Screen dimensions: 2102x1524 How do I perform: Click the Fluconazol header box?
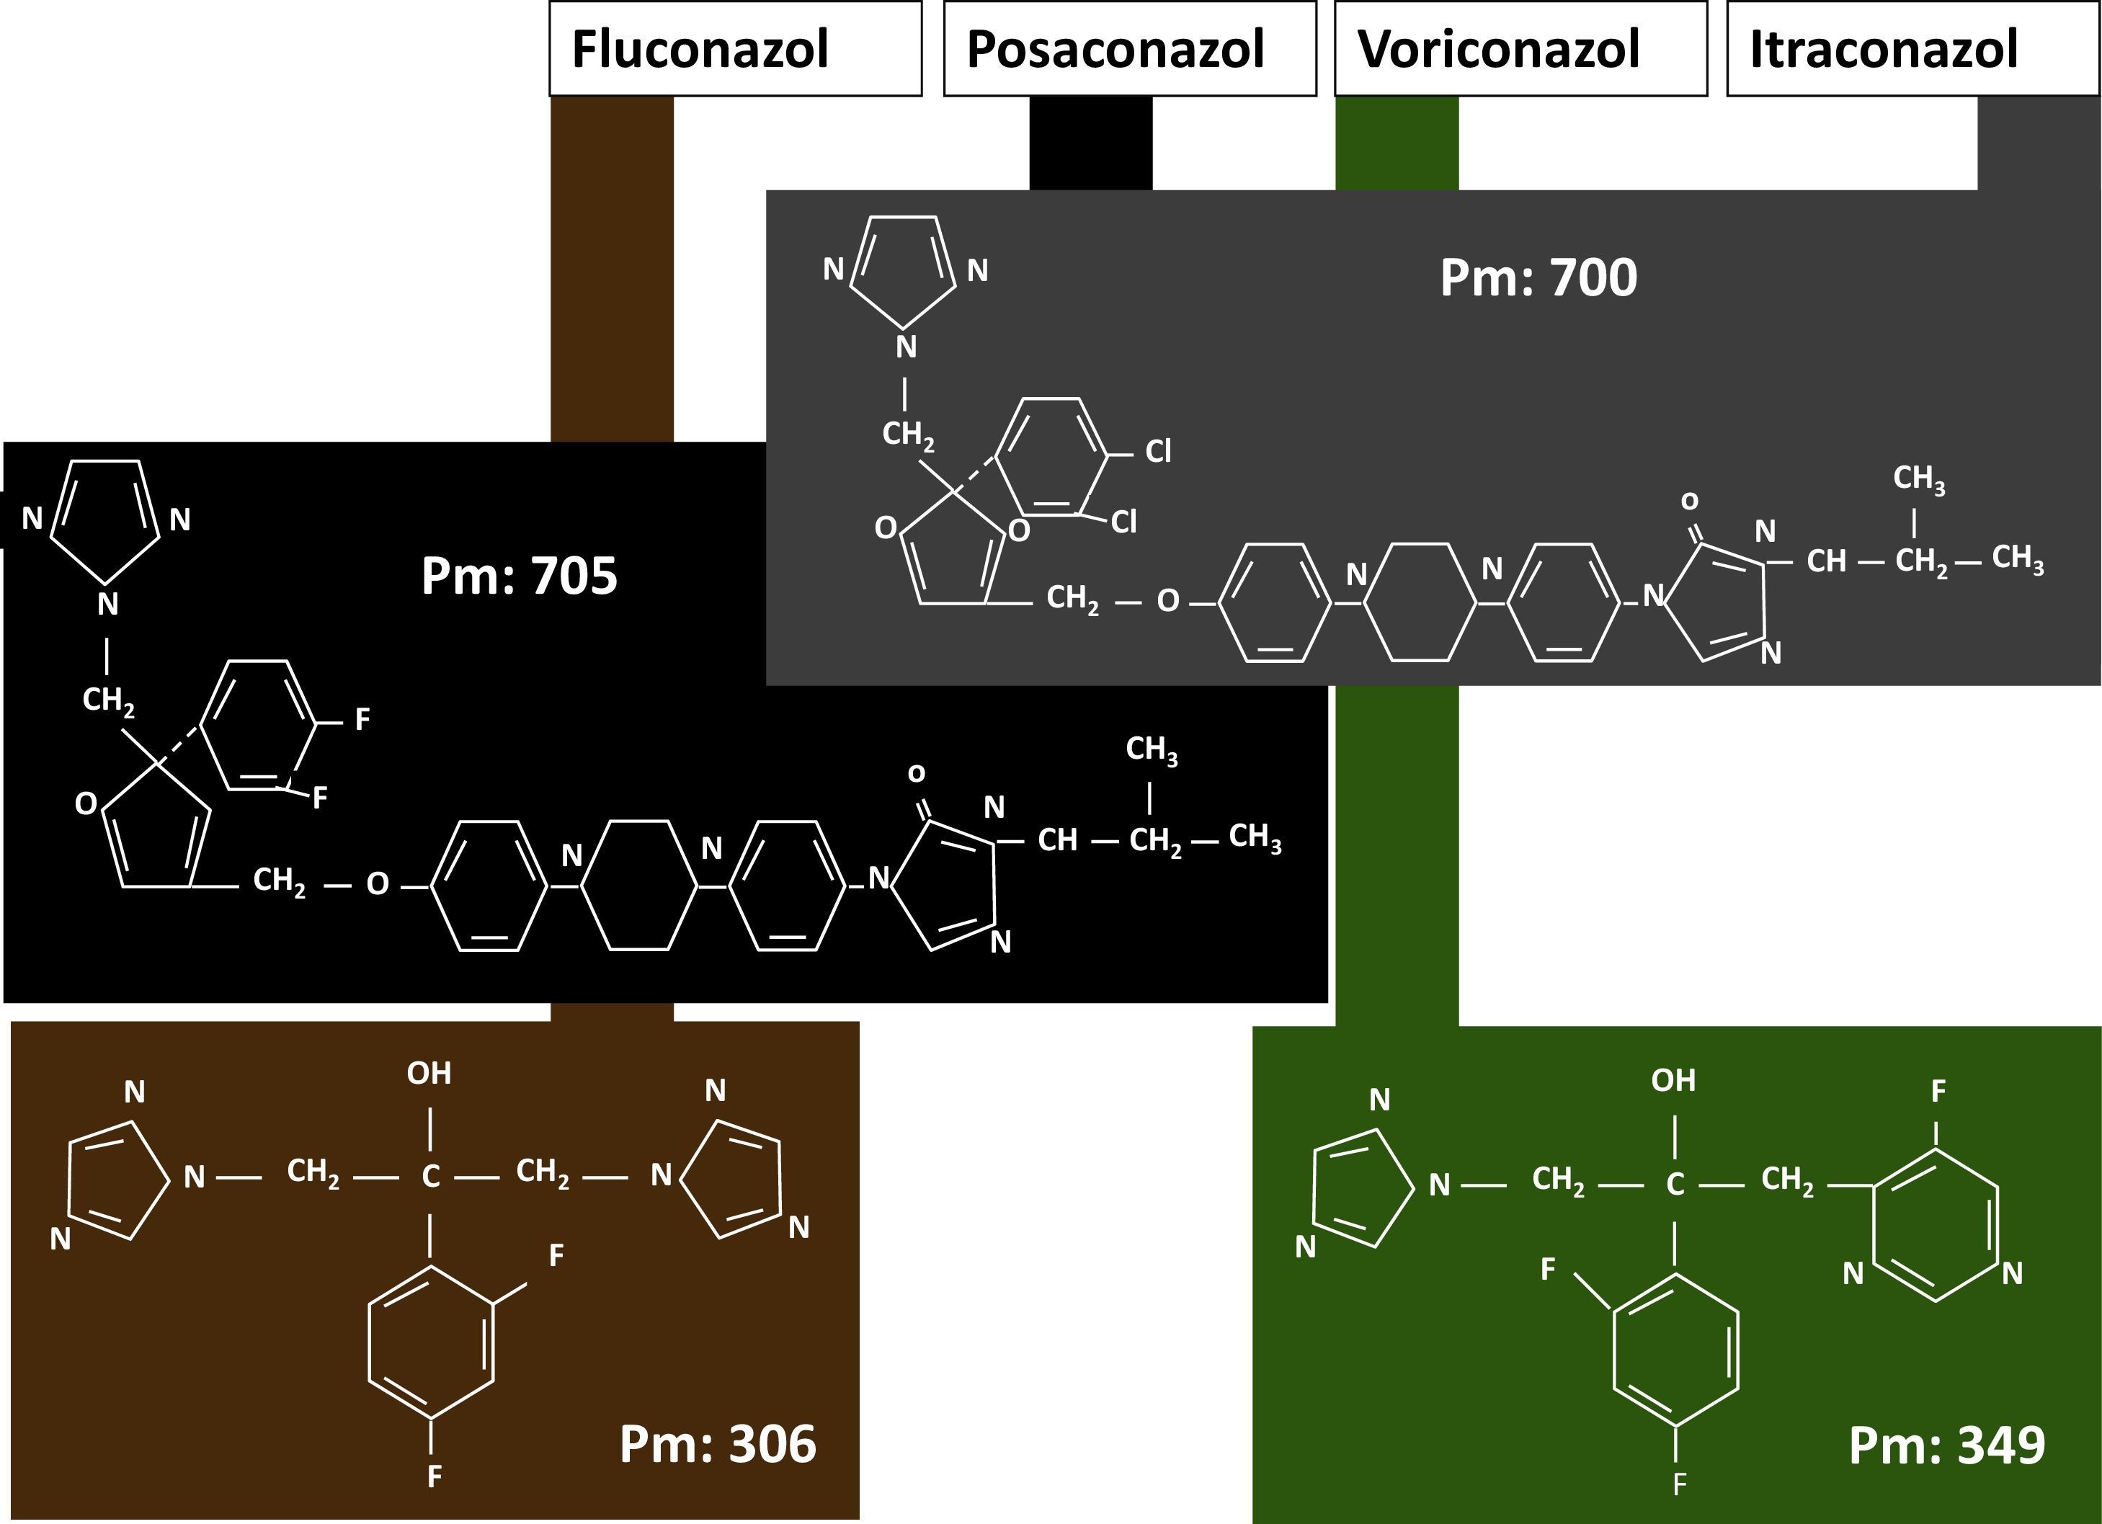735,48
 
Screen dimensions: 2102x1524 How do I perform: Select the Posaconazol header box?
1129,48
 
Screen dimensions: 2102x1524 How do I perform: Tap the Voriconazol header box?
1520,48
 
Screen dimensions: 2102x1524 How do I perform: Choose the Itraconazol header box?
1912,48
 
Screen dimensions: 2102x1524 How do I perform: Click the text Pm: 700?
1538,277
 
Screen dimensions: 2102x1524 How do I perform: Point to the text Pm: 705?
519,576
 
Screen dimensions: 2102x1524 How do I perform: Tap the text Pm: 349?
1946,1444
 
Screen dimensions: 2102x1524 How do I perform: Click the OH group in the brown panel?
429,1074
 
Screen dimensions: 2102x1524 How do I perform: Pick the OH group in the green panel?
1674,1080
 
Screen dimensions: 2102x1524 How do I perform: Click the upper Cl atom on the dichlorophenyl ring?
1159,452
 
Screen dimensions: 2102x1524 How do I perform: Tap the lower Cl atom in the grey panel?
1124,522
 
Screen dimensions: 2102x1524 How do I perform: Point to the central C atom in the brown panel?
430,1177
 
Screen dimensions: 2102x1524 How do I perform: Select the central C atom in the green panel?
1675,1185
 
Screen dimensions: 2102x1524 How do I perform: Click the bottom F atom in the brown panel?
434,1476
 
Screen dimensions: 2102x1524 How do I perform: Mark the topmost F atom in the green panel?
1938,1091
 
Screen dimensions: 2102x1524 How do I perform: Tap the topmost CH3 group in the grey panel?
1918,478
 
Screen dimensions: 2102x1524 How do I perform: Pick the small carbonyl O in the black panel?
916,772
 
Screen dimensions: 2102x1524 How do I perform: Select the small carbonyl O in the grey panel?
1690,501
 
